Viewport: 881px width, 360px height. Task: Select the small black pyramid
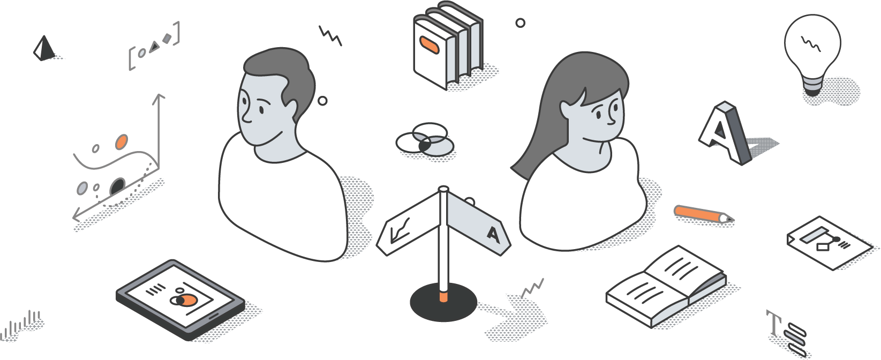[x=44, y=48]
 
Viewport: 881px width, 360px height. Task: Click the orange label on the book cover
[x=429, y=45]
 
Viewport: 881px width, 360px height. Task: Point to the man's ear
[x=291, y=110]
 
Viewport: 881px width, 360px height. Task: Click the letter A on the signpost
[x=493, y=235]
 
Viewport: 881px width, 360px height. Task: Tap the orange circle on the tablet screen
[x=189, y=300]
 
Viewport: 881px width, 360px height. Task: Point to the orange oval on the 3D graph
[x=122, y=141]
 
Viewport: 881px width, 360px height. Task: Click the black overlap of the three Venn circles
[x=424, y=146]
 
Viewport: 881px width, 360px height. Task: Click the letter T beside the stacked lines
[x=774, y=322]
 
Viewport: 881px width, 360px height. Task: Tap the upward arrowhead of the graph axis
[x=159, y=97]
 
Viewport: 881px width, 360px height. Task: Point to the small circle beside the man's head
[x=322, y=101]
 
